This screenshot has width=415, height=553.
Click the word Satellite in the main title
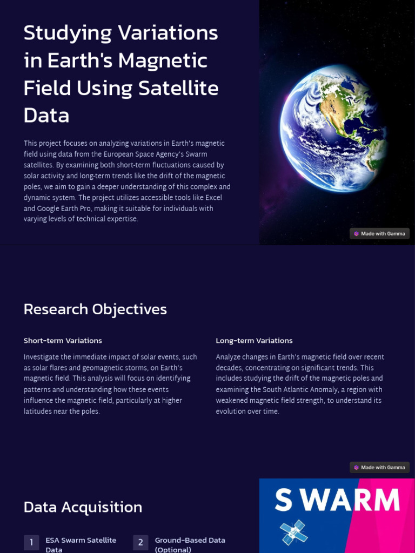point(179,88)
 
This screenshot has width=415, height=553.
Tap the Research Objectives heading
point(95,309)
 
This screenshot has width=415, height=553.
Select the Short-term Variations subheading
point(63,341)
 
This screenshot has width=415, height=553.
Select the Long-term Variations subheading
point(254,341)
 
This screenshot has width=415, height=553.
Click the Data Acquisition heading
point(83,507)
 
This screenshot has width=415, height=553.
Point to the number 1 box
point(31,542)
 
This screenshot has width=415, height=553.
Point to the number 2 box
point(140,542)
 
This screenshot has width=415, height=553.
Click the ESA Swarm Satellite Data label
point(81,544)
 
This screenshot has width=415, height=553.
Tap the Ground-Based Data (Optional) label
point(190,544)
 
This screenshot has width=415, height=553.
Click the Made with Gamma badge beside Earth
point(379,234)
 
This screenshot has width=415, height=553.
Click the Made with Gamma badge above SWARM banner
point(379,468)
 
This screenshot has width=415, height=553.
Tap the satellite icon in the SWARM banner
point(294,532)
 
